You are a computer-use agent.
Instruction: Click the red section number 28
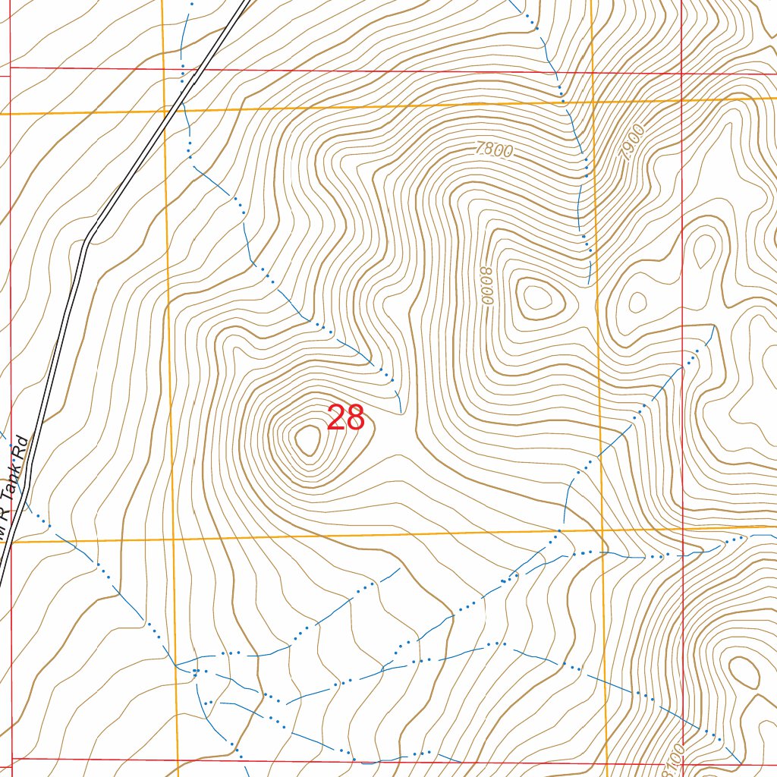(346, 418)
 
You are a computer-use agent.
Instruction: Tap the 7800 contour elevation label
(494, 150)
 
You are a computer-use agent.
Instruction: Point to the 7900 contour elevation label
(632, 142)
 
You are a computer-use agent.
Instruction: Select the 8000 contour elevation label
(486, 285)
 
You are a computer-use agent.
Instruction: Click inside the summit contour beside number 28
(308, 439)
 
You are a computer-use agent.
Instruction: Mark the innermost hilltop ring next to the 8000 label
(537, 297)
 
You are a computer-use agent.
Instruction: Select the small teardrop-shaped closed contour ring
(705, 248)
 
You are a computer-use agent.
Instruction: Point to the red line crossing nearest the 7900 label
(681, 74)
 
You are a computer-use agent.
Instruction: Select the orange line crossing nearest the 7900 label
(592, 102)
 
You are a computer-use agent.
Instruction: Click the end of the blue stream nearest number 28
(400, 413)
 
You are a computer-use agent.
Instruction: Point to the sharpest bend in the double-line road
(88, 241)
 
